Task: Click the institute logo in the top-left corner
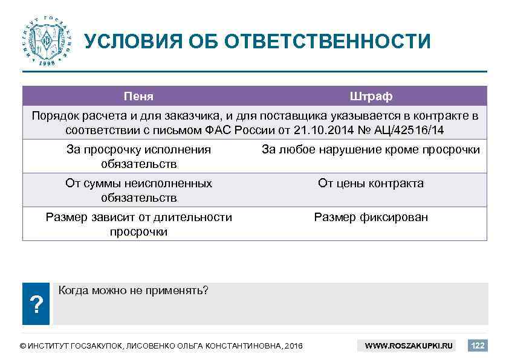[46, 40]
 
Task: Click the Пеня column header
[138, 97]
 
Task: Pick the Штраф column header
[371, 97]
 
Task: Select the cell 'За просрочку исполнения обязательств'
[138, 156]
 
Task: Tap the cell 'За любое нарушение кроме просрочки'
[371, 150]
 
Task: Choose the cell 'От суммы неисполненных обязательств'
[138, 190]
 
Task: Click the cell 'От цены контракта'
[371, 184]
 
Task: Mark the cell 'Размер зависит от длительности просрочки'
[138, 224]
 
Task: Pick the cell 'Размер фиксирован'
[371, 217]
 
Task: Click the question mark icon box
[37, 305]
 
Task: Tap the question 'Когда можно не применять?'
[133, 291]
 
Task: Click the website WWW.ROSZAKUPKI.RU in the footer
[409, 346]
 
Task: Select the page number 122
[478, 346]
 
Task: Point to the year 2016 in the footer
[293, 346]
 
